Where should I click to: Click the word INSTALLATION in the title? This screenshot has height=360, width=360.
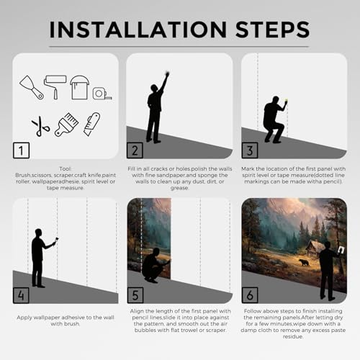(138, 30)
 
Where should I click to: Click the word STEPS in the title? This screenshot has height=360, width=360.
(273, 30)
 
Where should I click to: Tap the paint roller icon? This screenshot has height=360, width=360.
(55, 87)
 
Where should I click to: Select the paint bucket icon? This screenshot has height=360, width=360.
(79, 87)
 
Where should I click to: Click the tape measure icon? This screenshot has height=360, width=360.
(102, 94)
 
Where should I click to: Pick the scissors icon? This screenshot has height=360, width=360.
(40, 126)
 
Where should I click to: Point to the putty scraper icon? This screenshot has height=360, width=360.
(32, 87)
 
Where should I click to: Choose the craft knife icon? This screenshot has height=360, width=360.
(92, 124)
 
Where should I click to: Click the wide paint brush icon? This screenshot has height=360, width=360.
(66, 125)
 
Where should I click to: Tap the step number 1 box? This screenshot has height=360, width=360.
(21, 150)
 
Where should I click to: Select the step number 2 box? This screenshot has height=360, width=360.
(135, 150)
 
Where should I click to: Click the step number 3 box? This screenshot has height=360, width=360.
(250, 150)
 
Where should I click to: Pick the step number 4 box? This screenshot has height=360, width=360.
(21, 295)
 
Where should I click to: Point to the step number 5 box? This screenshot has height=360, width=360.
(135, 295)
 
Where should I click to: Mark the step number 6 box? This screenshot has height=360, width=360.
(250, 295)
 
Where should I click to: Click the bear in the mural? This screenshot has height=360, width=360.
(304, 262)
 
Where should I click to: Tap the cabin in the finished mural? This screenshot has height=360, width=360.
(315, 250)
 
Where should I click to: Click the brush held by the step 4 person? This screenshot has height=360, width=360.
(57, 240)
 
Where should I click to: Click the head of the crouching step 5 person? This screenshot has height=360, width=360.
(156, 252)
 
